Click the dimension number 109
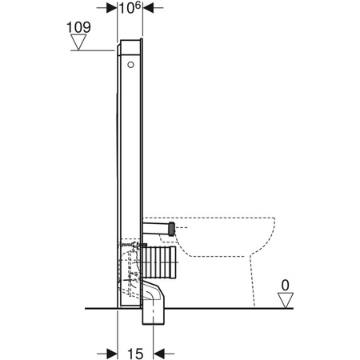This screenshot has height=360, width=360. [x=78, y=26]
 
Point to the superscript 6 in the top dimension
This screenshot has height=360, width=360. [x=139, y=6]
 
